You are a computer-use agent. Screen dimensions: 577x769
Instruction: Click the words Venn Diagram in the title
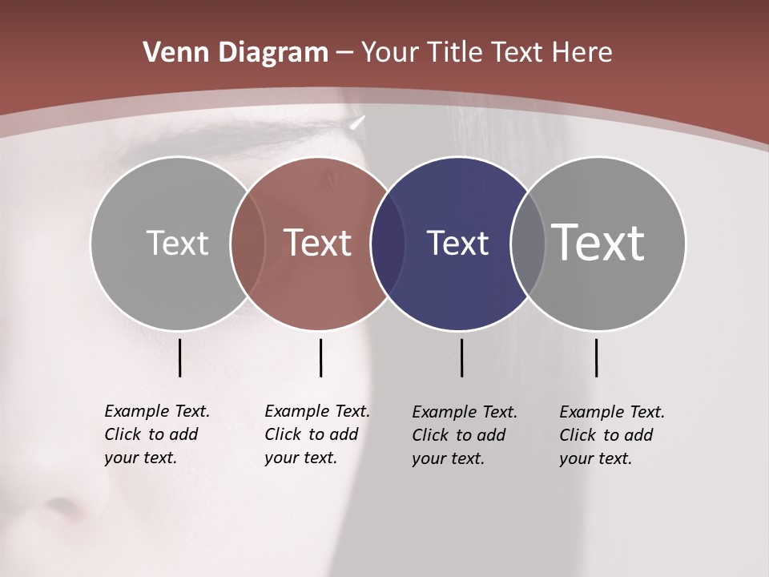[236, 53]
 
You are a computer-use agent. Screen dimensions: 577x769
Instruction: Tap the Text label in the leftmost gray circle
[177, 243]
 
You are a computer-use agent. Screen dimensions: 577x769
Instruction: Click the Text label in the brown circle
[317, 243]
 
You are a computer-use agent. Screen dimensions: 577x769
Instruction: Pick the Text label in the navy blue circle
[457, 243]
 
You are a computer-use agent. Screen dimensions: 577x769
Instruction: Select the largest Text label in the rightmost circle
[598, 243]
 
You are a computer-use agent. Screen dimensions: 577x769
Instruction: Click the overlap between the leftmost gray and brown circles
[248, 244]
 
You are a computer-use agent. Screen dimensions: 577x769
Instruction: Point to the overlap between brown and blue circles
[388, 244]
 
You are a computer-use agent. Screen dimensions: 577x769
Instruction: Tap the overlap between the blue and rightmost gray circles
[528, 244]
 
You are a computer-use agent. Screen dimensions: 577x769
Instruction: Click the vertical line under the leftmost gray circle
[179, 357]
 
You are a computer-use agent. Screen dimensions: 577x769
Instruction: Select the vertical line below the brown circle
[320, 357]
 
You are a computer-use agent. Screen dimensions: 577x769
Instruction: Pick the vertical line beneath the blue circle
[461, 357]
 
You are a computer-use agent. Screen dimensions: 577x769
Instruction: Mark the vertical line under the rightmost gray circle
[596, 357]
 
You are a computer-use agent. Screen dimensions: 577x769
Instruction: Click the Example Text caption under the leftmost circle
[156, 434]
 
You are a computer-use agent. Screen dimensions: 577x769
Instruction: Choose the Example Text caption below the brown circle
[316, 434]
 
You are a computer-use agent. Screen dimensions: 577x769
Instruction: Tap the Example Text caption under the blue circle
[464, 435]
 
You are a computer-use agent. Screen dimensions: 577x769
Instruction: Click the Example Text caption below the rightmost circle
[611, 435]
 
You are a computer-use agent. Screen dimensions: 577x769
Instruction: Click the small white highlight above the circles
[357, 123]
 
